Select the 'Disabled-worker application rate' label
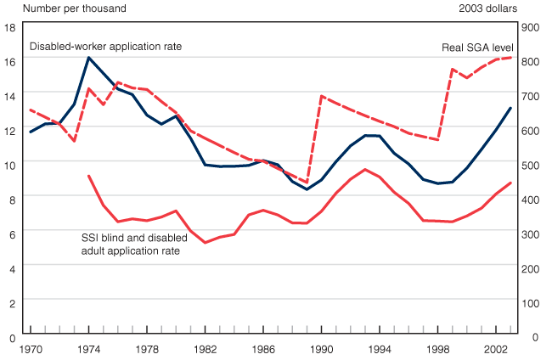point(106,46)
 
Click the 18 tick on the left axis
point(10,27)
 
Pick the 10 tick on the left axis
point(10,165)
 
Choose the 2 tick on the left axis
point(10,303)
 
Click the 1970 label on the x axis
point(31,349)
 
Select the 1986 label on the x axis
point(263,349)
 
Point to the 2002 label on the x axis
point(495,349)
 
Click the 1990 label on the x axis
point(321,349)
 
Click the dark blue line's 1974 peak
point(88,58)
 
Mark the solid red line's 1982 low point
point(205,243)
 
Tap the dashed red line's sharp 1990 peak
point(321,96)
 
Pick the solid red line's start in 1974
point(88,176)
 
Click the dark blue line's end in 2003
point(510,108)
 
